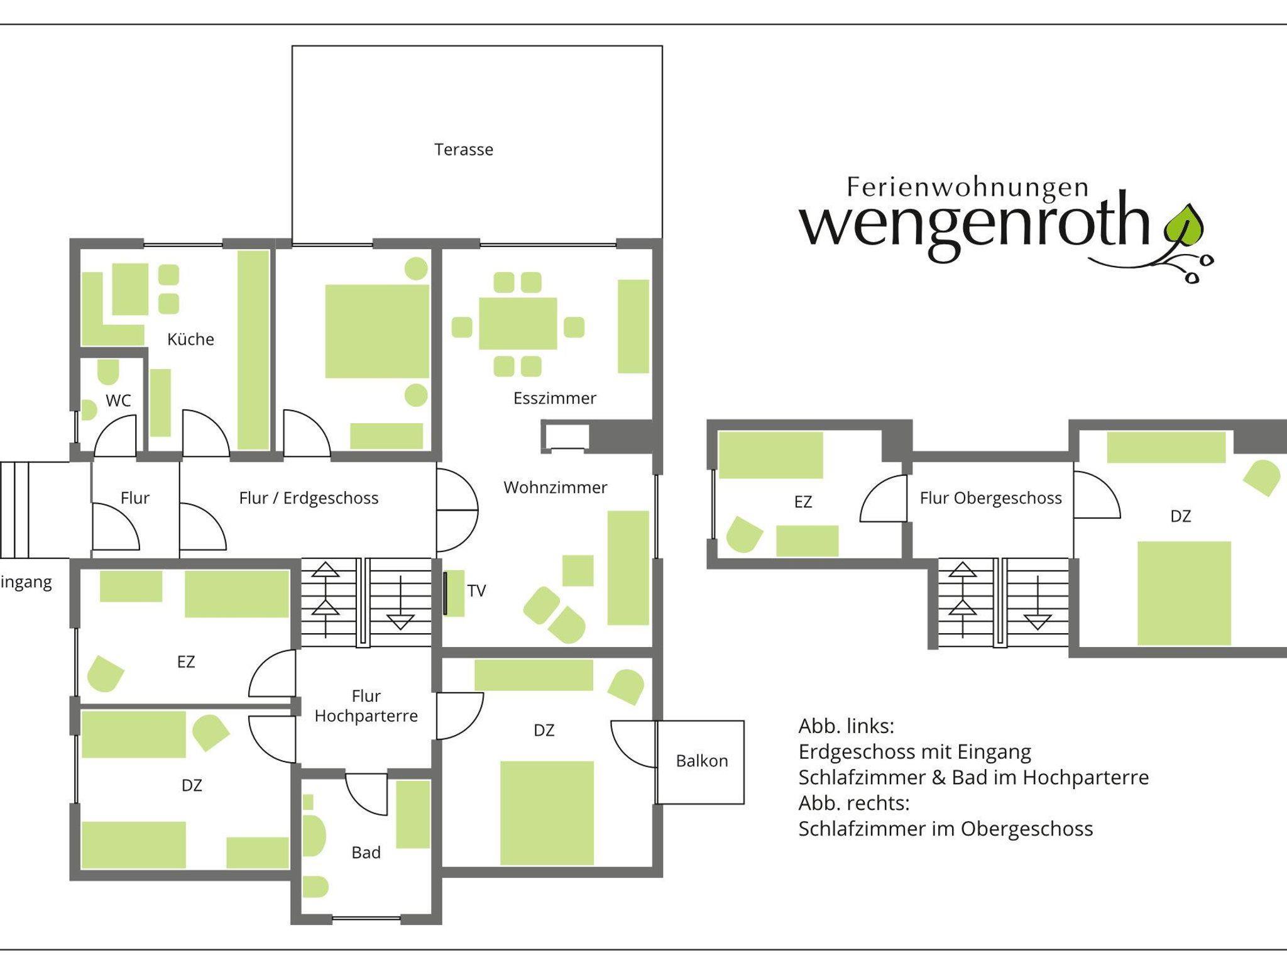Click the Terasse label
pos(464,150)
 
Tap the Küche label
pos(190,340)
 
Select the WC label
pos(118,401)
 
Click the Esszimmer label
pos(555,398)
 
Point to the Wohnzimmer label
pos(556,487)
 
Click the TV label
pos(476,590)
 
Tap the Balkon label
pos(702,761)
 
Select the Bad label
pos(366,853)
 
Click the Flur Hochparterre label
pos(366,706)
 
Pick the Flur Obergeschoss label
pos(991,498)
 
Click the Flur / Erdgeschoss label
pos(309,498)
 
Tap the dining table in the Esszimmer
pos(518,323)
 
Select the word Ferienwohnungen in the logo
pos(968,188)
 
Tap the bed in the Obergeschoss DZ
pos(1184,593)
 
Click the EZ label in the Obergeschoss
pos(803,502)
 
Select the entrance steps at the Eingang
pos(14,510)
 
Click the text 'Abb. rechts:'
pos(854,803)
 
